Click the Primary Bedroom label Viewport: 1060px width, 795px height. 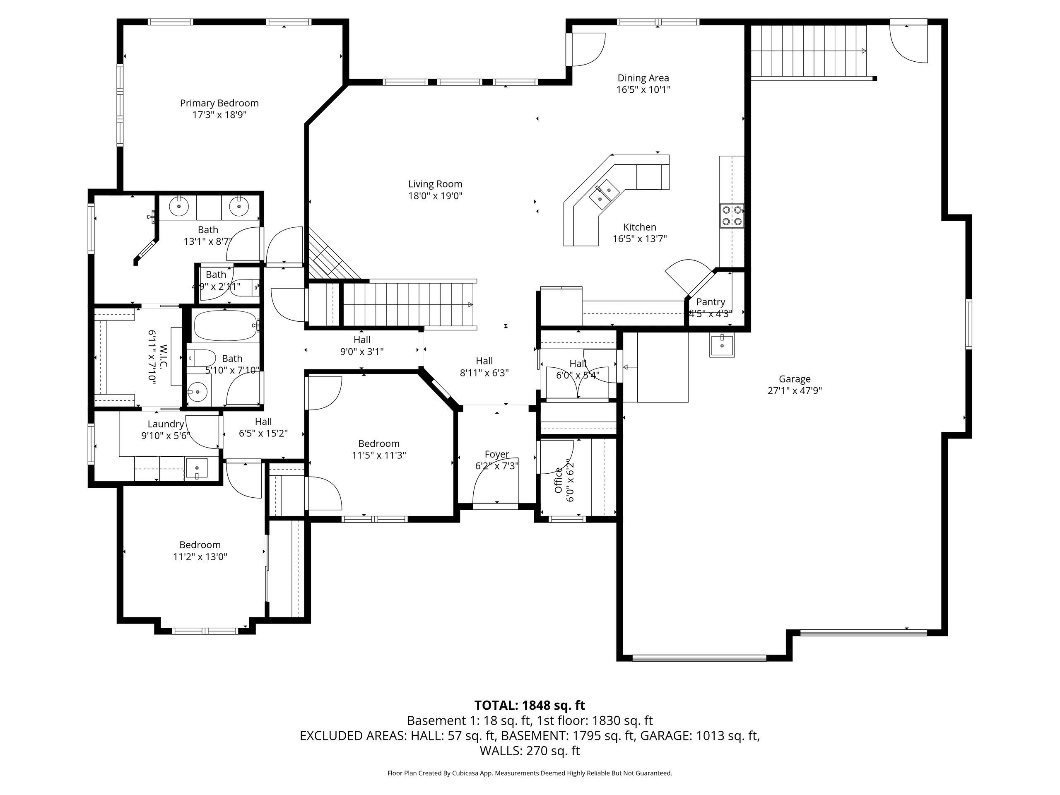[x=219, y=103]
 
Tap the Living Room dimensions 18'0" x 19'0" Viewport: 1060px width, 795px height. [x=435, y=195]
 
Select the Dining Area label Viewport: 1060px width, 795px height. [x=643, y=77]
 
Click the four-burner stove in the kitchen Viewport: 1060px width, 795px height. [x=732, y=215]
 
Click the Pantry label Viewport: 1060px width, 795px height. [x=711, y=302]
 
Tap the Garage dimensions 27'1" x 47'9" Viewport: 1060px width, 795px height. [x=795, y=390]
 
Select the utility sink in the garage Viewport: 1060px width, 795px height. [x=722, y=345]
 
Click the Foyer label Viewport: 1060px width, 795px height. [x=497, y=454]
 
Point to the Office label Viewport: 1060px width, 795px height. [x=558, y=480]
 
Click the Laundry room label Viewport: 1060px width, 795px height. [x=166, y=424]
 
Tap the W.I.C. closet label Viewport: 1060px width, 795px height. [x=164, y=357]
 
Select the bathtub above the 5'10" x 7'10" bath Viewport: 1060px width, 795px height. [x=226, y=326]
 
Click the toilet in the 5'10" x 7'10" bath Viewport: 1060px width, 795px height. [x=202, y=357]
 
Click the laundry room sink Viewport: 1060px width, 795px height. [x=197, y=469]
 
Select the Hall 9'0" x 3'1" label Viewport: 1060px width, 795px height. [x=362, y=340]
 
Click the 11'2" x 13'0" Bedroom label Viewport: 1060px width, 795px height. [x=200, y=545]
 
